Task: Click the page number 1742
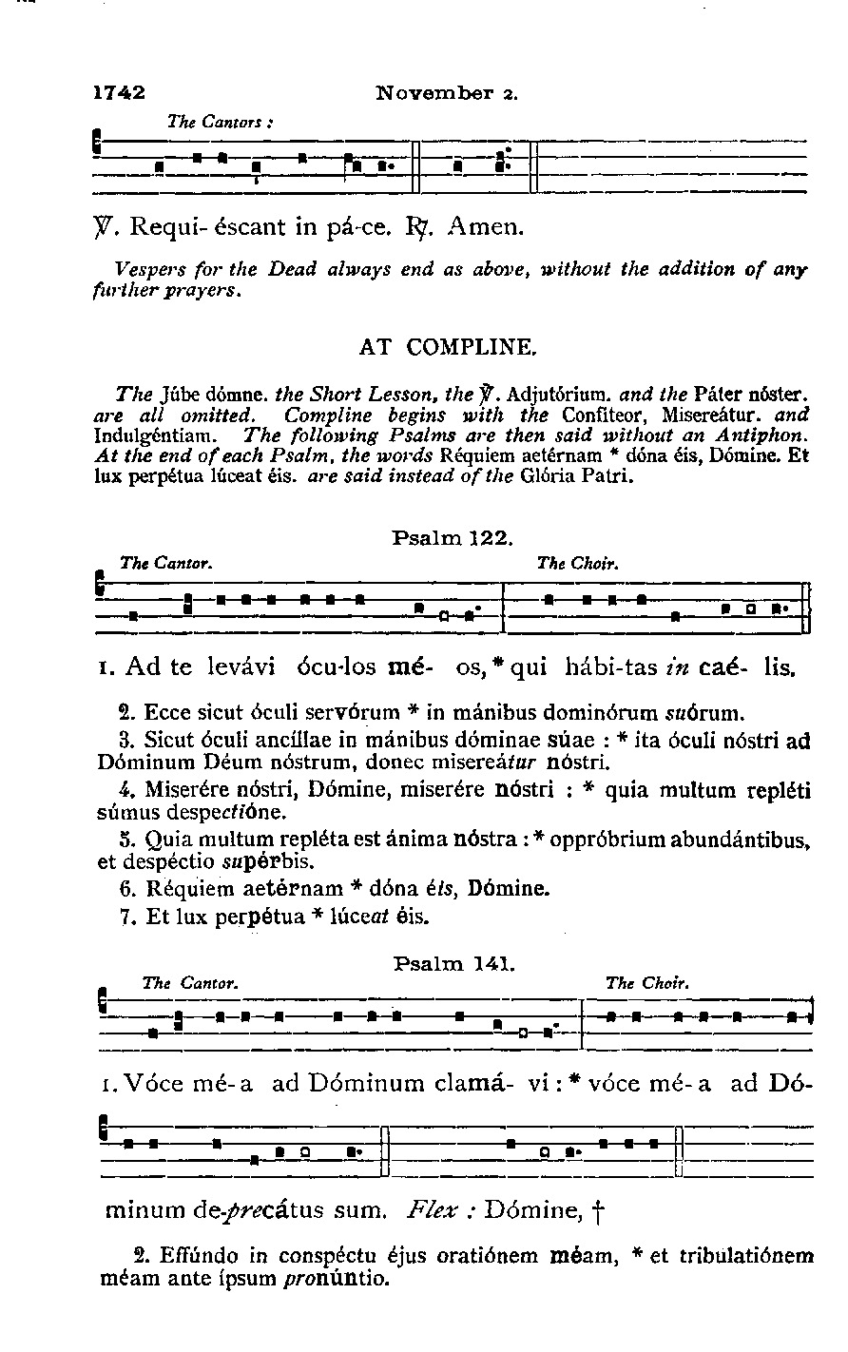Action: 119,93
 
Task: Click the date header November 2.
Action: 446,93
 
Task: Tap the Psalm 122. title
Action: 453,537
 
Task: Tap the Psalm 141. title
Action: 453,964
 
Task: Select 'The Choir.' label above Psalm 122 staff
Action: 578,563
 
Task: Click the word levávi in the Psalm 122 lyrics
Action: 242,667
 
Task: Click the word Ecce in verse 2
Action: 168,710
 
